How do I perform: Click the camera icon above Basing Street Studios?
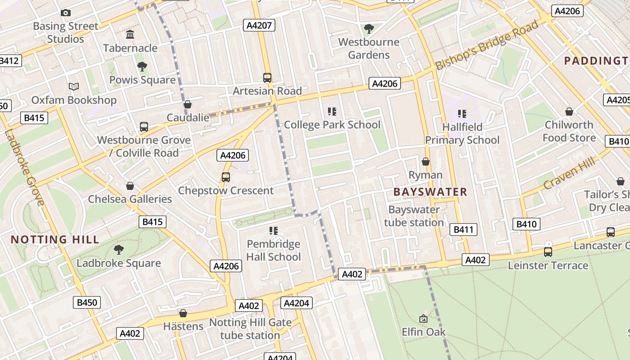pos(66,13)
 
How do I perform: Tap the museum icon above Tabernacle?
pos(130,35)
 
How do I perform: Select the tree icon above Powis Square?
pos(142,67)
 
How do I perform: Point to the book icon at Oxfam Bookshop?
pos(74,86)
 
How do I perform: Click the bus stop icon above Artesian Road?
pos(267,77)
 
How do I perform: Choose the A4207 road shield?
pos(260,25)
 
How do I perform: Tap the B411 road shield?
pos(463,230)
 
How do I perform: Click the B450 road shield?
pos(87,302)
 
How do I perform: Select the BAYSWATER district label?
pos(430,192)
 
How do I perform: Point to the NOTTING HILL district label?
pos(55,239)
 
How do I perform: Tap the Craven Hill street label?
pos(569,173)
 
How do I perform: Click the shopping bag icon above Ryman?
pos(425,161)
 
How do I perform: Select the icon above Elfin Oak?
pos(423,319)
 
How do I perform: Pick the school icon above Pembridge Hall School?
pos(274,231)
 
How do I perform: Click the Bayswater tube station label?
pos(414,216)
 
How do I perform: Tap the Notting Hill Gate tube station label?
pos(250,329)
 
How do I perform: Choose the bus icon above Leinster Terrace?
pos(548,252)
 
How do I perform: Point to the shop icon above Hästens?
pos(183,313)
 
